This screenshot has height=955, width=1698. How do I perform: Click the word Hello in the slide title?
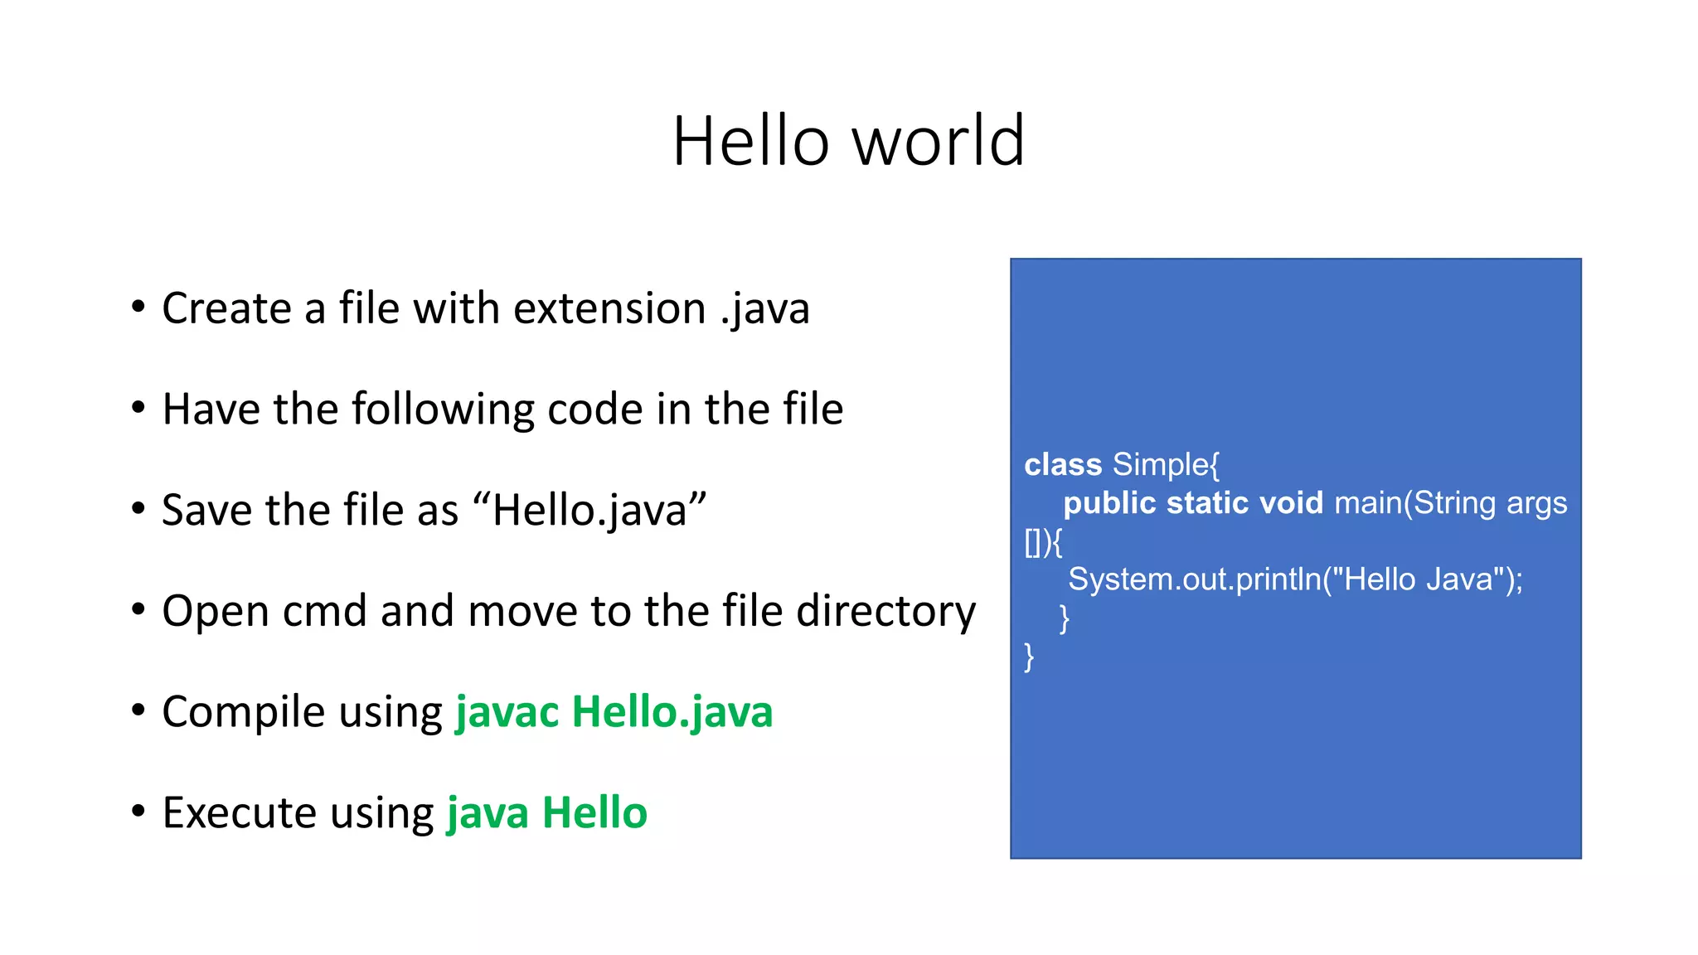point(750,141)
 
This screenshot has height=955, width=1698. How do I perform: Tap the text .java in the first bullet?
point(764,309)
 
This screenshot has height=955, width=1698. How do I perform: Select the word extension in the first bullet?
point(609,309)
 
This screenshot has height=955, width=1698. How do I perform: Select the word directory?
point(885,612)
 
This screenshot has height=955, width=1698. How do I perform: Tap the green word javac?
point(507,712)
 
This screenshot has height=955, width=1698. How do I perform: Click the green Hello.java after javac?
point(672,712)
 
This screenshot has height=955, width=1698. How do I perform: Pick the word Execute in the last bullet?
point(240,812)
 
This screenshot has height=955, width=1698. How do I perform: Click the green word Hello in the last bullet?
point(594,812)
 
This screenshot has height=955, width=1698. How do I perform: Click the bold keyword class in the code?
point(1063,465)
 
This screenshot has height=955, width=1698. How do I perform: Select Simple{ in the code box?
point(1166,465)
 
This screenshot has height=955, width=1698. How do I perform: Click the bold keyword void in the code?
point(1291,503)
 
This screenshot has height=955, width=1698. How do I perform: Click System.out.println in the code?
point(1194,579)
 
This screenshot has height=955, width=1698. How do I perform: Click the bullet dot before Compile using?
point(138,710)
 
